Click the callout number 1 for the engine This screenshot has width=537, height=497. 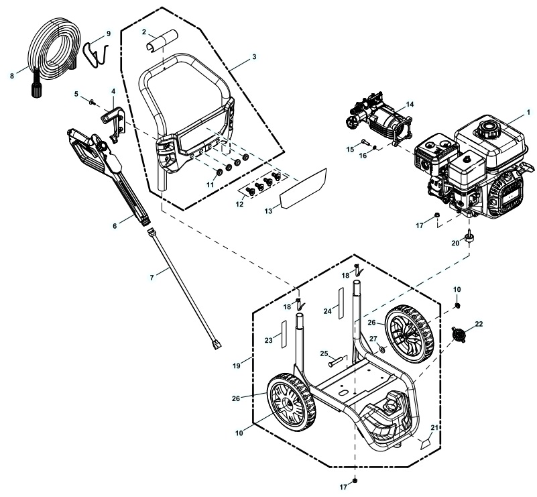[528, 110]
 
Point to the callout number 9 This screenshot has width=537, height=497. [109, 34]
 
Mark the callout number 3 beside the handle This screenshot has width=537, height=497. [254, 58]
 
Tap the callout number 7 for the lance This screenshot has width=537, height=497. [152, 276]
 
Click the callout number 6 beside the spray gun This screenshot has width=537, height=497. [115, 226]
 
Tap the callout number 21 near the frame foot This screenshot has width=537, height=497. [434, 427]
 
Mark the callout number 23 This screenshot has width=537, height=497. [268, 341]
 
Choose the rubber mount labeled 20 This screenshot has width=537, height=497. [470, 236]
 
